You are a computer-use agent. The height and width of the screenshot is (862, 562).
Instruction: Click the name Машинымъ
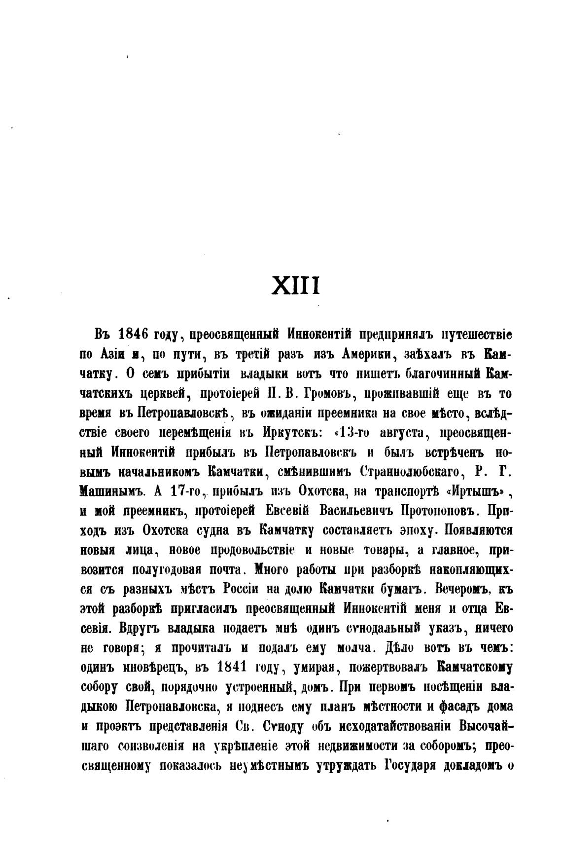tap(112, 492)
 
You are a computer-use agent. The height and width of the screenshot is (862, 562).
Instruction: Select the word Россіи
tap(249, 589)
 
